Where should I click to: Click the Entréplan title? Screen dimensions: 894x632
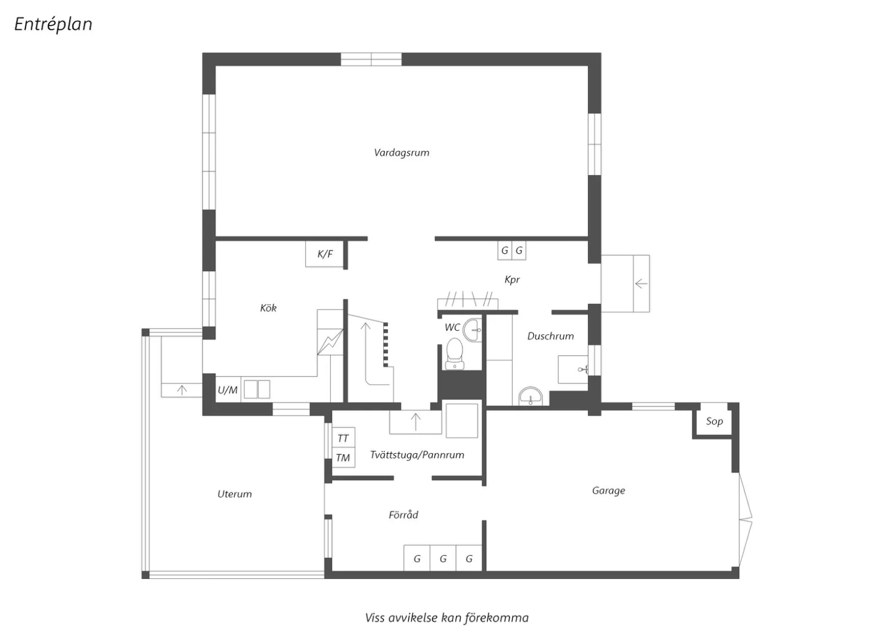click(x=54, y=24)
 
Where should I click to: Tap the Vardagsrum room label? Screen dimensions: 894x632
click(x=402, y=153)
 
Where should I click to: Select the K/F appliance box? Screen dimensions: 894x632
click(x=324, y=254)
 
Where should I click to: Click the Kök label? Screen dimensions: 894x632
click(x=268, y=308)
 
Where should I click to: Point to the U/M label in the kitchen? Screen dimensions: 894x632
click(x=228, y=390)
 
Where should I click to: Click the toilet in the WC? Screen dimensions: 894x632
click(x=455, y=354)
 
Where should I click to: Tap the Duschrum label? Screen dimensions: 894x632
click(x=550, y=336)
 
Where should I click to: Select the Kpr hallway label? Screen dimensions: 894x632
click(x=512, y=280)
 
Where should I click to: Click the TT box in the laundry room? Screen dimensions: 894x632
click(x=343, y=438)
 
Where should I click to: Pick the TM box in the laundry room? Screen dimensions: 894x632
click(x=343, y=458)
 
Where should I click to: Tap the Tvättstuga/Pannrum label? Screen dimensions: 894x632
click(x=417, y=455)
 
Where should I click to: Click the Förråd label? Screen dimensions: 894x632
click(x=403, y=514)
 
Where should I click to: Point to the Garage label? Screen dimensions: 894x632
click(x=609, y=490)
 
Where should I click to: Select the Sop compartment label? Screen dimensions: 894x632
click(x=715, y=421)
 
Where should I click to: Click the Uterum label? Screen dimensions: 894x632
click(x=235, y=494)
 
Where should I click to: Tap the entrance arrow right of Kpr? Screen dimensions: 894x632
click(x=641, y=284)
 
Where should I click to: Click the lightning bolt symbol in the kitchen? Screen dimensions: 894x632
click(x=330, y=342)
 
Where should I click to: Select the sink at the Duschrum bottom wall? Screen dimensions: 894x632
click(x=530, y=396)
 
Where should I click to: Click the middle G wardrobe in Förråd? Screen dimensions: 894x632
click(x=443, y=558)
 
